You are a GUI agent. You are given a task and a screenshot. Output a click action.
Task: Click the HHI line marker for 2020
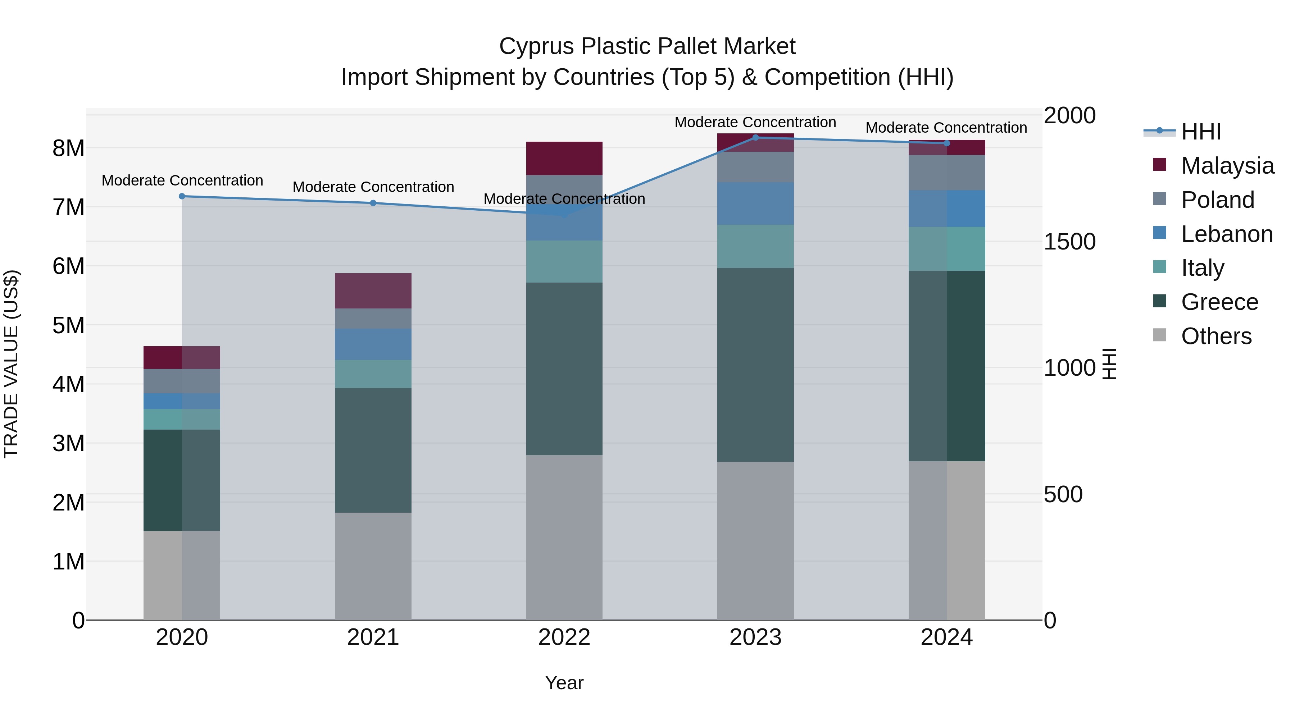[182, 196]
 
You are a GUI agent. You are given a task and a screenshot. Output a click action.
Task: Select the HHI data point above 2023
[755, 137]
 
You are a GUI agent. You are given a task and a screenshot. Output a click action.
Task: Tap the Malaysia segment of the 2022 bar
[564, 158]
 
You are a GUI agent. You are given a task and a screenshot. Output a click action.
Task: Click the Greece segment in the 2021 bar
[373, 450]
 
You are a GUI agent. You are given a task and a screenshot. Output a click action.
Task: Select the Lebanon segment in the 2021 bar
[373, 344]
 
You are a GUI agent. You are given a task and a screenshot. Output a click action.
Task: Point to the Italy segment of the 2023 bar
[755, 246]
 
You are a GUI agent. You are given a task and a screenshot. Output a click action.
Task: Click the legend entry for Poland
[1217, 200]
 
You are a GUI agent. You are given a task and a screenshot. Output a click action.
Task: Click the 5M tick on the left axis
[68, 325]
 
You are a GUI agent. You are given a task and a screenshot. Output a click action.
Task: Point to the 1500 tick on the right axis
[1069, 242]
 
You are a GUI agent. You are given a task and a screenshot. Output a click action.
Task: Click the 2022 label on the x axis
[564, 637]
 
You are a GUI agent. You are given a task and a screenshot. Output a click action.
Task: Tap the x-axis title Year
[564, 683]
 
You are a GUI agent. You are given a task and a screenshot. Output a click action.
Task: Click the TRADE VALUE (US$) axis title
[11, 364]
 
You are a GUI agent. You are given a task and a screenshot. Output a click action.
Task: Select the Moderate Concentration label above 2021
[373, 187]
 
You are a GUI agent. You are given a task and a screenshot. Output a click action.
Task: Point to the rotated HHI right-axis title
[1109, 364]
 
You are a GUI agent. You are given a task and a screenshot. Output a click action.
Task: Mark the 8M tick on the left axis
[68, 148]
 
